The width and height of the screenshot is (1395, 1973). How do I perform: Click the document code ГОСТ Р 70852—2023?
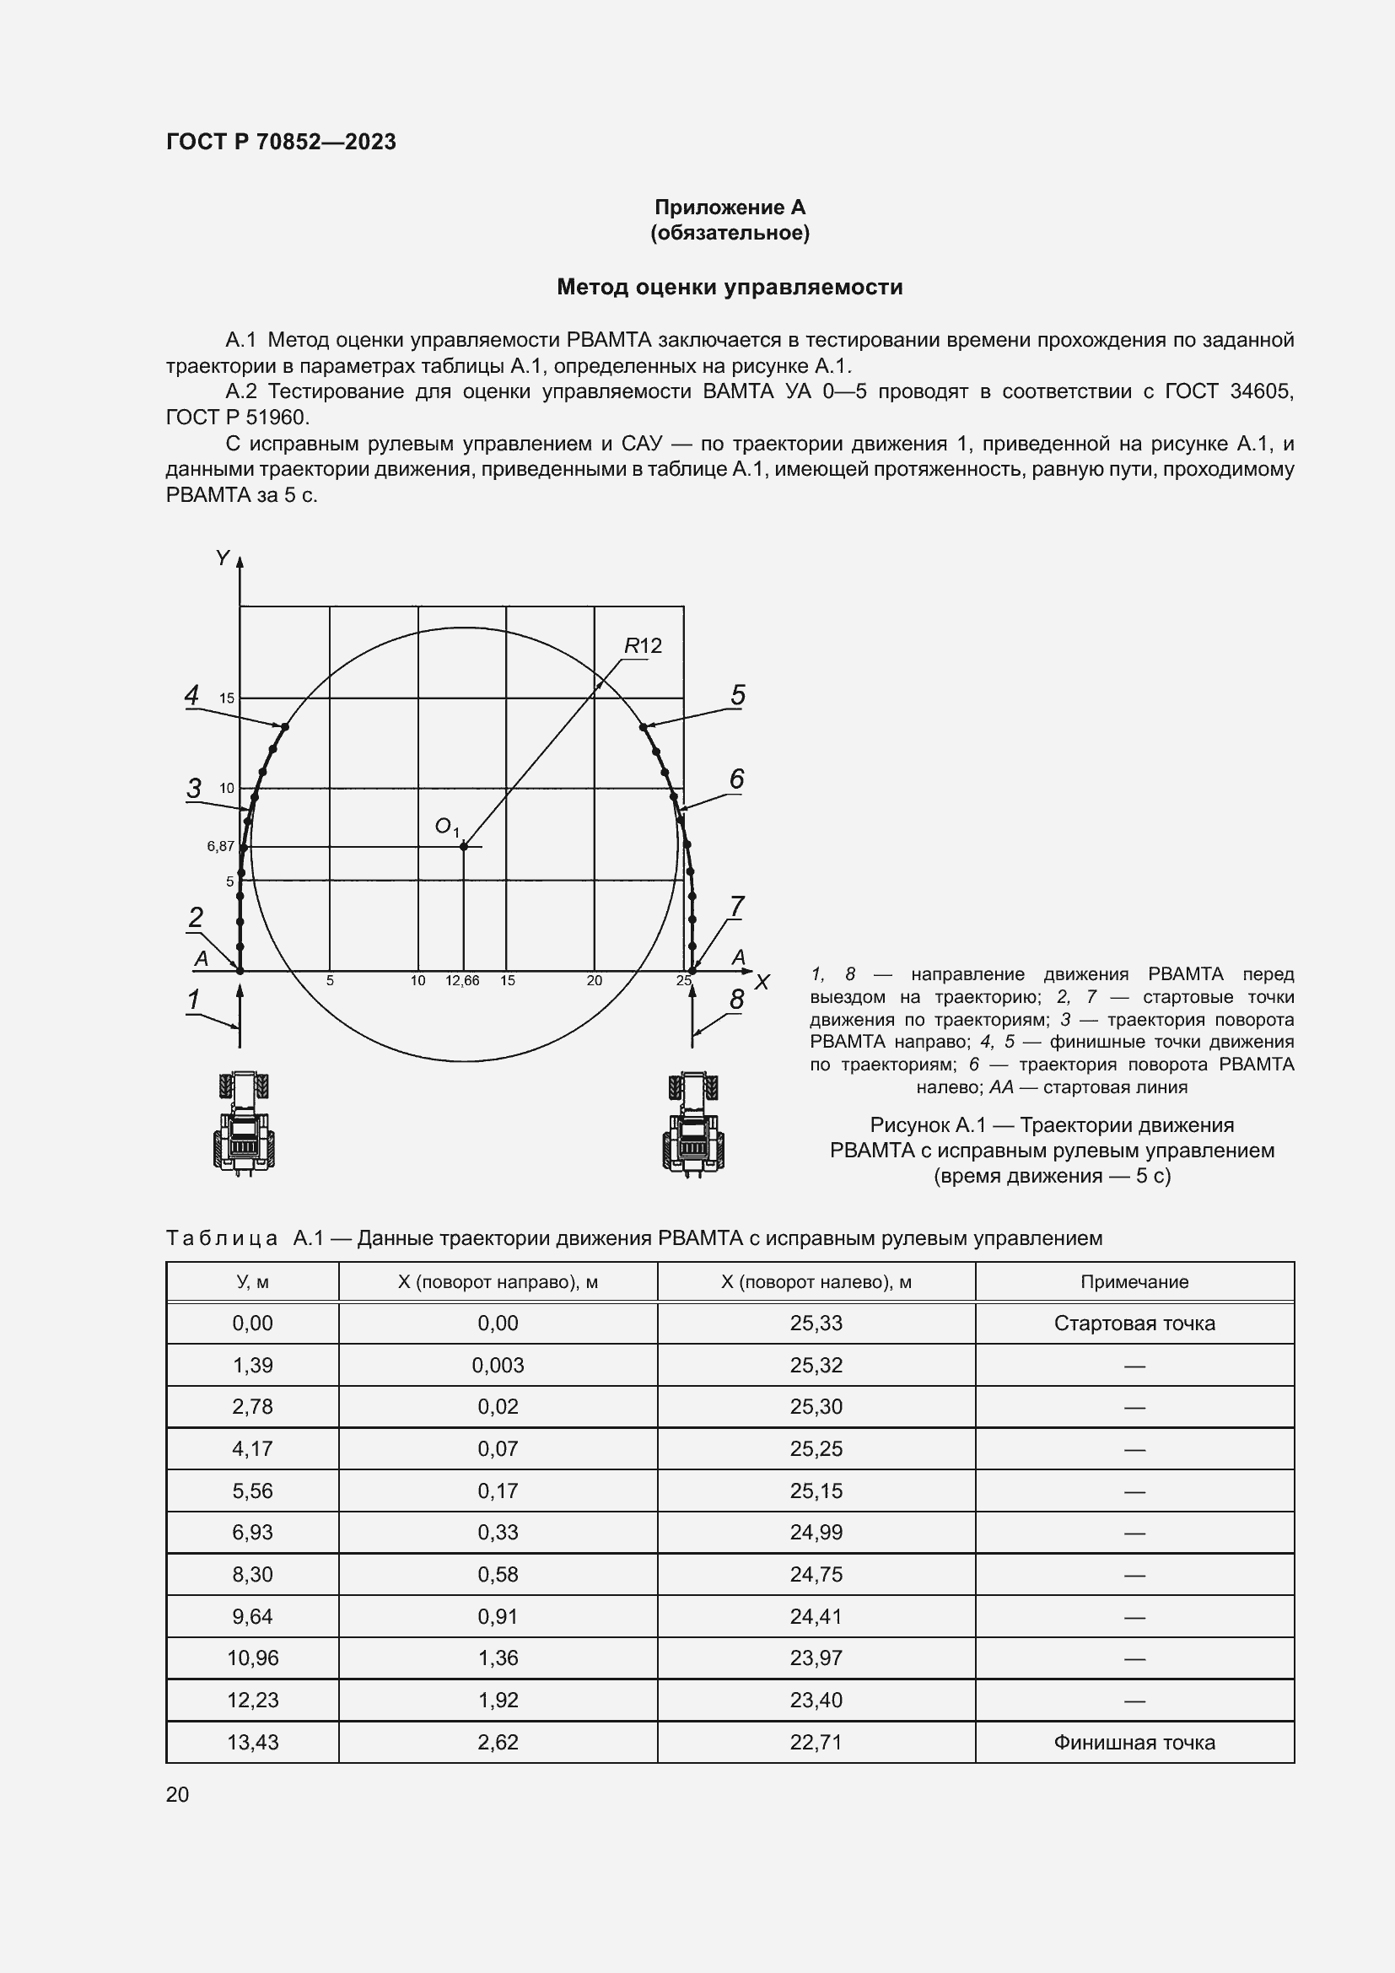pos(281,142)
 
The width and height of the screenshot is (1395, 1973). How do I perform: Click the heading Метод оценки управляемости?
pos(730,287)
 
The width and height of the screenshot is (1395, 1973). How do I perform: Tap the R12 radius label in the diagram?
pos(643,645)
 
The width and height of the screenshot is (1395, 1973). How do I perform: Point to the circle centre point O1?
pos(464,846)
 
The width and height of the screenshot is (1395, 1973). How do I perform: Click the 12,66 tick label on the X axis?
pos(462,980)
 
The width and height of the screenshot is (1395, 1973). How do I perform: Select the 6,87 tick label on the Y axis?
pos(220,846)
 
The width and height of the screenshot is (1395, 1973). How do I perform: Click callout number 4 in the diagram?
pos(192,694)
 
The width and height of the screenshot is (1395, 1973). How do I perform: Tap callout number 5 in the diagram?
pos(738,694)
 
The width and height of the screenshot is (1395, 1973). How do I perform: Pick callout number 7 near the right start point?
pos(737,906)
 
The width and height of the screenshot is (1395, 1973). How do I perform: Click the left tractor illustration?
pos(244,1123)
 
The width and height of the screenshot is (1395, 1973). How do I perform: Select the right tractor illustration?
pos(693,1123)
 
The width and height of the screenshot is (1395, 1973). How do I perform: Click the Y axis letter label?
pos(223,558)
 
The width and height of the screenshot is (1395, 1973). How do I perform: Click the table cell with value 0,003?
pos(498,1366)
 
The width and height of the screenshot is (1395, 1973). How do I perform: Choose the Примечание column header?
pos(1134,1282)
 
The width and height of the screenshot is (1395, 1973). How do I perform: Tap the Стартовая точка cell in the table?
pos(1134,1323)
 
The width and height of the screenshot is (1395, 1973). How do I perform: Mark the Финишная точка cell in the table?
pos(1134,1743)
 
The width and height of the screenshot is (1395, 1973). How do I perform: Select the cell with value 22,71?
pos(816,1743)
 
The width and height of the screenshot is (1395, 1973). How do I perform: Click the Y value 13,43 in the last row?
pos(252,1743)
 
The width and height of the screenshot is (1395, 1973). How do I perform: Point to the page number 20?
pos(177,1794)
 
